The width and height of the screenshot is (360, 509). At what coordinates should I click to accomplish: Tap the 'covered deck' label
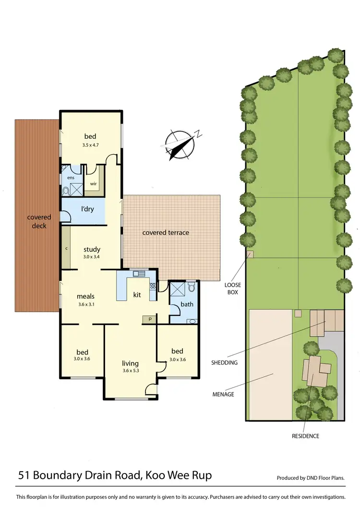click(x=39, y=221)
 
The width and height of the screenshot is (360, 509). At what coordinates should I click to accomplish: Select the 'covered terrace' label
click(x=166, y=232)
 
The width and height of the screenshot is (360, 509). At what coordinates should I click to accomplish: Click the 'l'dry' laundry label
click(x=87, y=210)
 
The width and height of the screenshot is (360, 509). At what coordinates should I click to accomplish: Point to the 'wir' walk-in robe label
click(x=93, y=183)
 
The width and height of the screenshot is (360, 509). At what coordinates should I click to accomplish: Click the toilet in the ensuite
click(x=66, y=191)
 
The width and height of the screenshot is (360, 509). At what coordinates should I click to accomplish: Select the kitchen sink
click(x=140, y=274)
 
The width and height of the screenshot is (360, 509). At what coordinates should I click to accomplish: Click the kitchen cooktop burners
click(x=153, y=286)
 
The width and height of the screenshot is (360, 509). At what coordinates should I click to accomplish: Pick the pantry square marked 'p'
click(x=149, y=318)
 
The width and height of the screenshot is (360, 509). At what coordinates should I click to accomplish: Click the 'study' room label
click(x=92, y=249)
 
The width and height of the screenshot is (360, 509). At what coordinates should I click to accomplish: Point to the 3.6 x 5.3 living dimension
click(x=130, y=371)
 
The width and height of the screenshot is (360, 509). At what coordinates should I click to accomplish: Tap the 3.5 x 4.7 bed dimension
click(x=90, y=144)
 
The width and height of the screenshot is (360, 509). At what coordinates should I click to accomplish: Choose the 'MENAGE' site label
click(x=223, y=394)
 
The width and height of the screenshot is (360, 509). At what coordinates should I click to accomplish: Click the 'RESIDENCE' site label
click(x=305, y=436)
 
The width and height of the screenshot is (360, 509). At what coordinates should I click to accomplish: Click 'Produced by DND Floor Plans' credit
click(x=311, y=478)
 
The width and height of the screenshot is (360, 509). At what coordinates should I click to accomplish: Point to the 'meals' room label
click(x=85, y=296)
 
